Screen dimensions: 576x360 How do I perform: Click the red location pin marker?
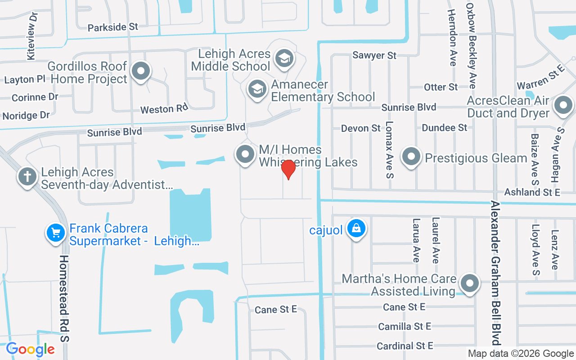pos(288,170)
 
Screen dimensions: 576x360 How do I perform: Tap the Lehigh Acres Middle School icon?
pos(284,58)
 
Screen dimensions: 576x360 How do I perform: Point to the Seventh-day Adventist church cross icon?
pos(27,176)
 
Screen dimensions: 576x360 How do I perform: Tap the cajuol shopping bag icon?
pos(356,228)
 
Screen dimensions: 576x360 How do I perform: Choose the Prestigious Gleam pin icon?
pos(411,157)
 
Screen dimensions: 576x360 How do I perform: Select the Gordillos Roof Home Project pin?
pos(141,71)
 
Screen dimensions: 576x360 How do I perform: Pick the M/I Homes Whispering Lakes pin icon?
pos(245,154)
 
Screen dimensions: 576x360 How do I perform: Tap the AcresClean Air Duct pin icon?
pos(563,106)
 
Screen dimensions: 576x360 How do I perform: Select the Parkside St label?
pos(113,27)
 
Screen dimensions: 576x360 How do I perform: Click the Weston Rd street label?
pos(164,109)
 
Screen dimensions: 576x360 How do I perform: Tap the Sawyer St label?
pos(374,55)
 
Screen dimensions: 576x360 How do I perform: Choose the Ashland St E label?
pos(532,192)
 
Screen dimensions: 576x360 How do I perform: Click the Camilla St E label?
pos(405,326)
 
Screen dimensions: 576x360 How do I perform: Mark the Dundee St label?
pos(444,128)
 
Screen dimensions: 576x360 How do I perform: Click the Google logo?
pos(30,349)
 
